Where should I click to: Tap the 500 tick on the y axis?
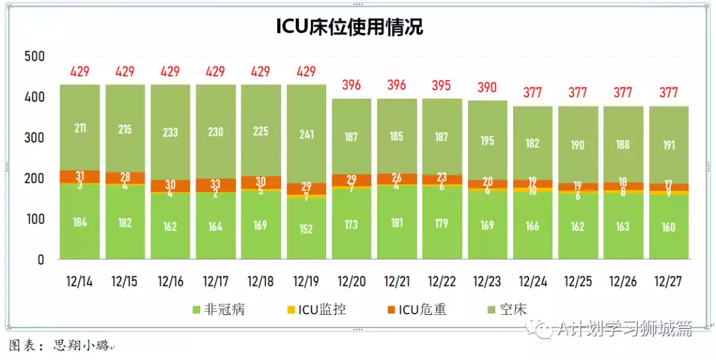point(34,57)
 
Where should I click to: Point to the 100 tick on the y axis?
point(34,219)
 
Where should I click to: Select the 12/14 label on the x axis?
point(80,281)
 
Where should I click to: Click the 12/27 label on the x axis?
point(668,281)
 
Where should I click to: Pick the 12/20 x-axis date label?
point(351,281)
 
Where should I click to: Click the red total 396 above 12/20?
point(351,85)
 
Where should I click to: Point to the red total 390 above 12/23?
point(487,87)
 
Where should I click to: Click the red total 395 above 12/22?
point(442,85)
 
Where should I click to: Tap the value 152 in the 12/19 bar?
point(306,229)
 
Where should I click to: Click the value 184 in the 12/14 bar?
point(80,222)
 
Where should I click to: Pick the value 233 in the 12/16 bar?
point(170,132)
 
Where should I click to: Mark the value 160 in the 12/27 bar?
point(668,227)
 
